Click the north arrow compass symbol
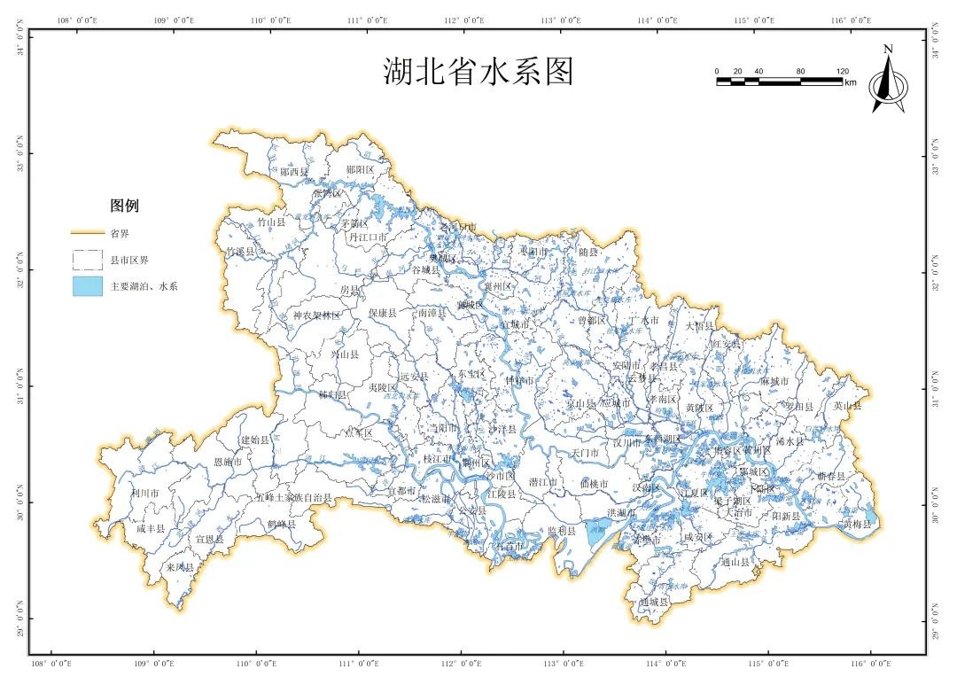(x=888, y=81)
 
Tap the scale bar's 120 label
(x=842, y=71)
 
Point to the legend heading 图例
(x=124, y=206)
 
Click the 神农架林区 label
(x=316, y=315)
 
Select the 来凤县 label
(x=179, y=567)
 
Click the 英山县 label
(x=847, y=406)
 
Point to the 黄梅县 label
(x=857, y=525)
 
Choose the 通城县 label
(x=653, y=602)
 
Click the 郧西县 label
(x=295, y=172)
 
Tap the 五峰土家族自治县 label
(x=293, y=498)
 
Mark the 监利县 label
(x=561, y=531)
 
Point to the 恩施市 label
(x=228, y=463)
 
